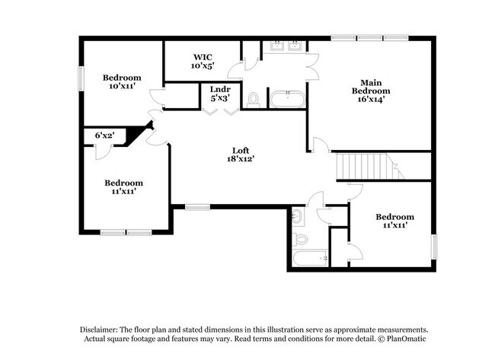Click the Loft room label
240,154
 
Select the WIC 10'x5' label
202,62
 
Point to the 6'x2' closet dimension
104,135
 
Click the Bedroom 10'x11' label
122,81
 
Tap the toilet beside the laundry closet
254,100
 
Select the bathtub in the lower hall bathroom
308,259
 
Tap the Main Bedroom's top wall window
369,37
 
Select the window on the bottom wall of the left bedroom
125,232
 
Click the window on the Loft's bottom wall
197,205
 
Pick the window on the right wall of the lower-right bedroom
435,247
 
